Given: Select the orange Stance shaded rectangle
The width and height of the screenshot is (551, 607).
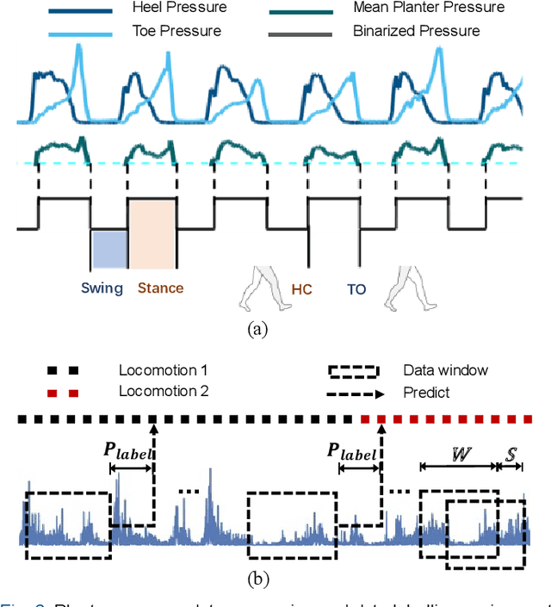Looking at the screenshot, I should (x=152, y=234).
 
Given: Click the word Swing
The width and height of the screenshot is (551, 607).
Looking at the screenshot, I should (x=102, y=288).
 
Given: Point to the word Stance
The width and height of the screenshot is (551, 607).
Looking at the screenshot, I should (x=160, y=288).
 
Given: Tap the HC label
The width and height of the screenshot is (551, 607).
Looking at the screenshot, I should (x=301, y=290).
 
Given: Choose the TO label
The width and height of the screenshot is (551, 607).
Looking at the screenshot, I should (x=356, y=290).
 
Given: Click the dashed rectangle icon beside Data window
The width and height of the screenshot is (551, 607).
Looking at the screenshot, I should (x=353, y=371).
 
